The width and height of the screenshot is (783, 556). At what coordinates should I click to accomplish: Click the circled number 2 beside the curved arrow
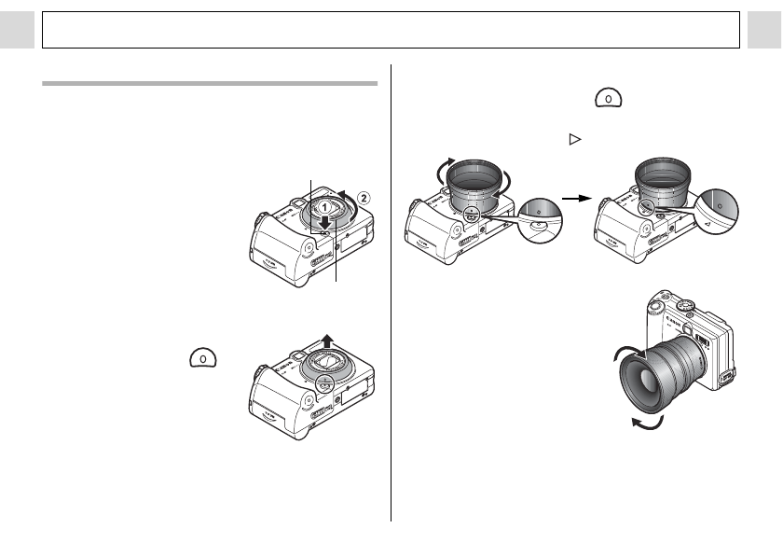[364, 198]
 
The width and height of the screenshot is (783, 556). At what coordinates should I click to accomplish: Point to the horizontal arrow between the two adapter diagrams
[578, 200]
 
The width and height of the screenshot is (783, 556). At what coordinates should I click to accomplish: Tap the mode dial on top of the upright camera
[686, 305]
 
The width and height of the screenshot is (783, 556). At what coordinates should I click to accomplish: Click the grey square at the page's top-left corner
[17, 30]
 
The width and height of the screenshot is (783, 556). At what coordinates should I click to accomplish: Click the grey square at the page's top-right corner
[764, 30]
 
